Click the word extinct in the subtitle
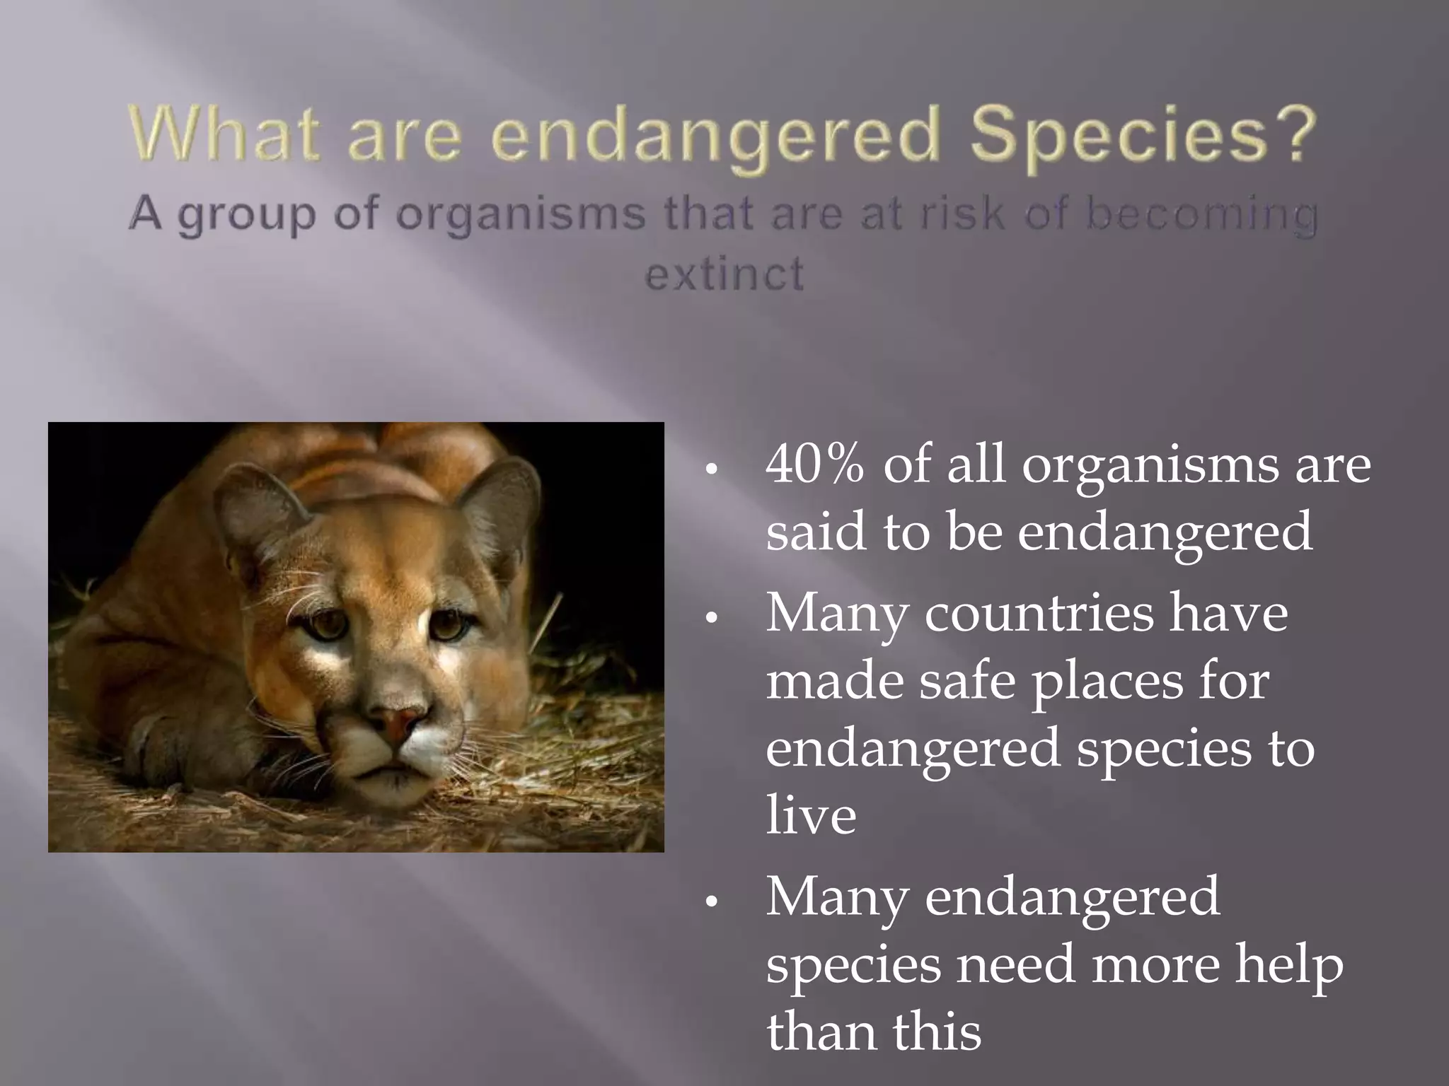[x=724, y=274]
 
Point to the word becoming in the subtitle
[x=1201, y=216]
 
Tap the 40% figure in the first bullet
[x=814, y=465]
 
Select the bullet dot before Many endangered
[x=712, y=901]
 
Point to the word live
[x=811, y=815]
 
